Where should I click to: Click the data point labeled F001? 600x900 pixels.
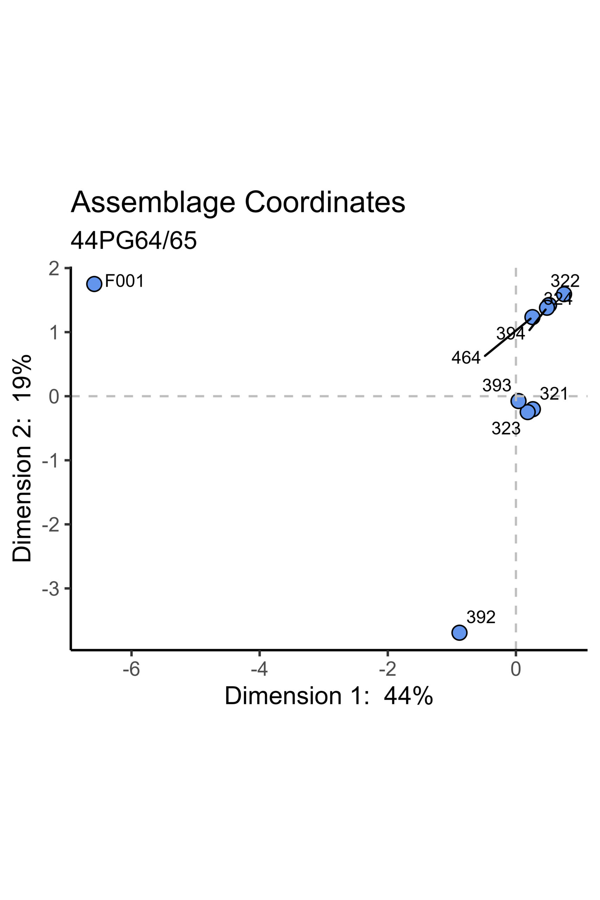pyautogui.click(x=94, y=284)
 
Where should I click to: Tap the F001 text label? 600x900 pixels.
pyautogui.click(x=124, y=281)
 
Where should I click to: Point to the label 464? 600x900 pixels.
pyautogui.click(x=466, y=358)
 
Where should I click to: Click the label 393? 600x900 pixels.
pyautogui.click(x=497, y=385)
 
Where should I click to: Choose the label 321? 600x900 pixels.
pyautogui.click(x=554, y=394)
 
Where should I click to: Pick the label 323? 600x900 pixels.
pyautogui.click(x=506, y=429)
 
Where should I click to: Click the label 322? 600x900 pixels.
pyautogui.click(x=565, y=281)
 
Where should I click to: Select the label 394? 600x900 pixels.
pyautogui.click(x=510, y=334)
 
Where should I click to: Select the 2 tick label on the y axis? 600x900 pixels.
pyautogui.click(x=54, y=269)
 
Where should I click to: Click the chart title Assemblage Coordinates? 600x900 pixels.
pyautogui.click(x=238, y=202)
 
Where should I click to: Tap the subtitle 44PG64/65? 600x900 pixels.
pyautogui.click(x=134, y=241)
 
